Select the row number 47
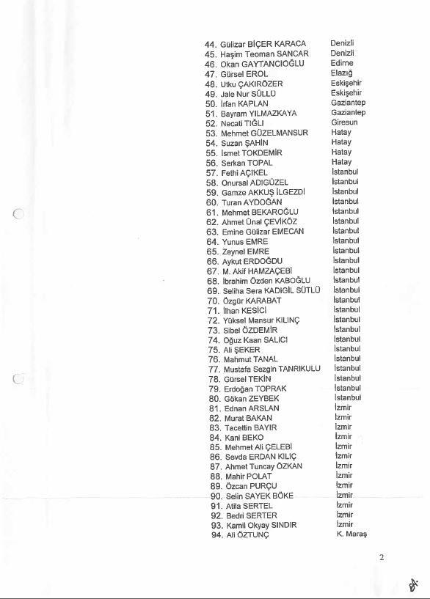point(210,74)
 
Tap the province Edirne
point(341,64)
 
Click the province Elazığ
point(341,74)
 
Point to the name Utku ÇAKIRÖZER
point(252,84)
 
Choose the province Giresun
point(343,123)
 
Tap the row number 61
point(210,212)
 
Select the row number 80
point(210,398)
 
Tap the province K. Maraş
point(350,535)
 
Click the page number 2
point(382,558)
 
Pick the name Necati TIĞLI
point(242,123)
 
